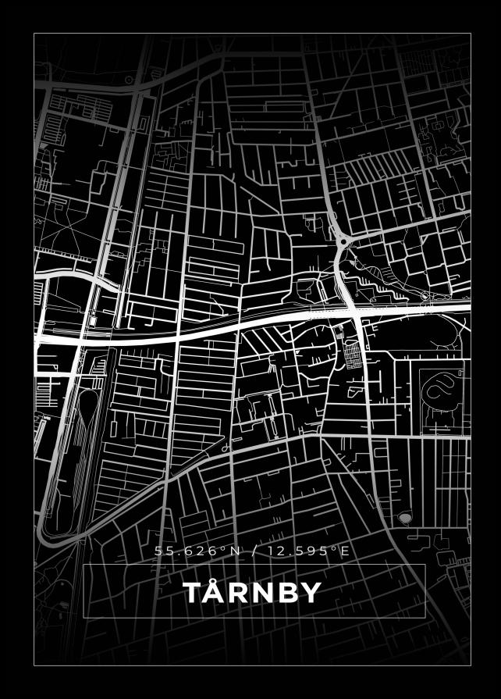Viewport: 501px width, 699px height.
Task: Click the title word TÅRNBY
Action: pyautogui.click(x=252, y=593)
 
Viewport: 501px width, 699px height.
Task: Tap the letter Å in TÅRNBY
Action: pyautogui.click(x=215, y=593)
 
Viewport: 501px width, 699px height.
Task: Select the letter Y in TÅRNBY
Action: pyautogui.click(x=311, y=594)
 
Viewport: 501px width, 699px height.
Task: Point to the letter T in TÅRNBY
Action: pyautogui.click(x=193, y=594)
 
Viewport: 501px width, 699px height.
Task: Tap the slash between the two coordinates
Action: pyautogui.click(x=254, y=551)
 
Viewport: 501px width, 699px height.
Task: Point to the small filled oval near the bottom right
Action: pyautogui.click(x=404, y=517)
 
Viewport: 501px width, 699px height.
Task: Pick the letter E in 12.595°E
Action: pyautogui.click(x=345, y=551)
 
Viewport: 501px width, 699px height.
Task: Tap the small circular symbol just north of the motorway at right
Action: pyautogui.click(x=425, y=297)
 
